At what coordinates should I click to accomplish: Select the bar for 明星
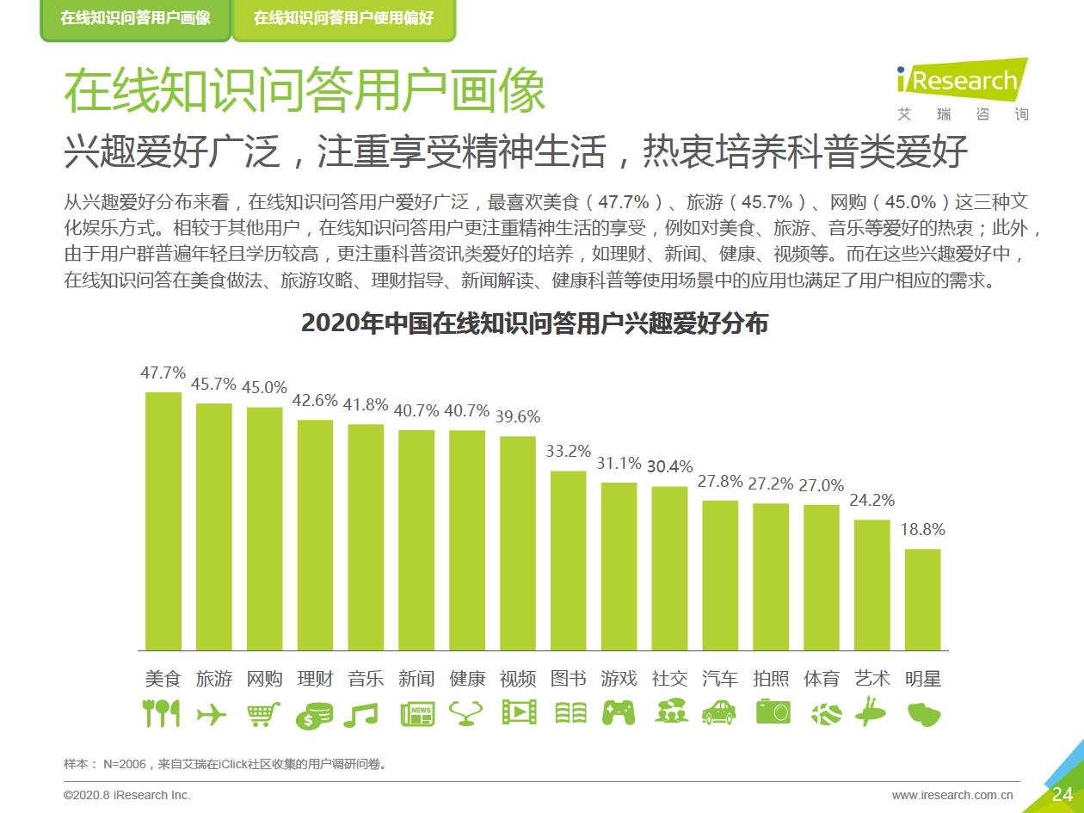[x=922, y=599]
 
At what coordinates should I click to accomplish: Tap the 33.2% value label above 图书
[x=569, y=451]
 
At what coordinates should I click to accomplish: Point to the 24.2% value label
[x=872, y=500]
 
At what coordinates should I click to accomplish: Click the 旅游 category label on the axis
[x=214, y=679]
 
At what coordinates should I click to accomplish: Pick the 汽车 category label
[x=720, y=679]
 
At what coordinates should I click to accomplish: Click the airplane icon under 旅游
[x=214, y=713]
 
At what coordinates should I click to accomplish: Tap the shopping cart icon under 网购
[x=264, y=713]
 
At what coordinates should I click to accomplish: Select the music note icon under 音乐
[x=366, y=713]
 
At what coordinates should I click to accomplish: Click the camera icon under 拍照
[x=772, y=712]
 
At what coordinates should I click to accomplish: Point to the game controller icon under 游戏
[x=619, y=713]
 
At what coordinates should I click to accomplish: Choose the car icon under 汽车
[x=720, y=712]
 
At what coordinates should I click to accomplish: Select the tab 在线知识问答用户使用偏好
[x=344, y=18]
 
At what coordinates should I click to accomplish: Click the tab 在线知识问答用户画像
[x=135, y=18]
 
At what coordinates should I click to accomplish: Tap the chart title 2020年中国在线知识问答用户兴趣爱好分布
[x=534, y=323]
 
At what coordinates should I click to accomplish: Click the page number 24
[x=1062, y=794]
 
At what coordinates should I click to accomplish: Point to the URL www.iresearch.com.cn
[x=952, y=795]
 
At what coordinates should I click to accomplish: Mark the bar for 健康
[x=467, y=539]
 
